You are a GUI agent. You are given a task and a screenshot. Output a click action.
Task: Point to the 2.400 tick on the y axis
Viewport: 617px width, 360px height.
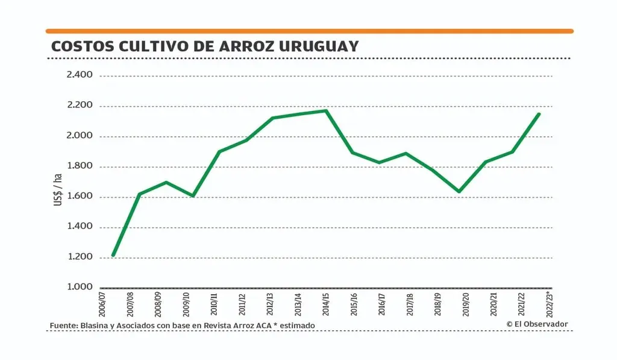pos(80,75)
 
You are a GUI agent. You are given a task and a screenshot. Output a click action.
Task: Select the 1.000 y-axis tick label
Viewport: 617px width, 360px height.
pos(80,287)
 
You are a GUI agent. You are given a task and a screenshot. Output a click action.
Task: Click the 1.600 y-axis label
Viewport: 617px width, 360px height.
pos(80,197)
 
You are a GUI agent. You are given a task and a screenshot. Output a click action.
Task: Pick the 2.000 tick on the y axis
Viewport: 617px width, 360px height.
pos(80,136)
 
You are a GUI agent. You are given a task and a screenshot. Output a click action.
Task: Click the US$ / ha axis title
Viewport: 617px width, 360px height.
pos(58,186)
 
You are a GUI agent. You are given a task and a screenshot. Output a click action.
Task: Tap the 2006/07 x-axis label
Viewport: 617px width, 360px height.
pos(102,305)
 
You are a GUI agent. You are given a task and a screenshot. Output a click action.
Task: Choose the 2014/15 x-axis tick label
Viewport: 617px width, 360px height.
pos(325,305)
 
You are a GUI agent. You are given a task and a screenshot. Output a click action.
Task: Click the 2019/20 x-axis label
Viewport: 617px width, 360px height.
pos(465,305)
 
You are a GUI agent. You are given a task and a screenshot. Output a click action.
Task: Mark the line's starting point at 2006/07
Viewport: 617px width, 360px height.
pos(113,256)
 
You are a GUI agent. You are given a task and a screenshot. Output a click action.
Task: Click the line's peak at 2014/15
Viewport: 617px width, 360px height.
pos(326,110)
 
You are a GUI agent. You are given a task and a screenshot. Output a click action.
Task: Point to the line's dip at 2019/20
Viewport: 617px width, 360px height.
pos(460,192)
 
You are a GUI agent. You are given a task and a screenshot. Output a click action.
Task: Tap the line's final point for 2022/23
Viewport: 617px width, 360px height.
pos(539,113)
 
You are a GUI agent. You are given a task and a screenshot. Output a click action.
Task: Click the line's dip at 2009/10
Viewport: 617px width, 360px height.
pos(193,196)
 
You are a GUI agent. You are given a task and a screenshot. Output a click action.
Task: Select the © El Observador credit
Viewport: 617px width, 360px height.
pos(537,324)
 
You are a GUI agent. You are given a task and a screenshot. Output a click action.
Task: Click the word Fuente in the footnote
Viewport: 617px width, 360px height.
pos(63,326)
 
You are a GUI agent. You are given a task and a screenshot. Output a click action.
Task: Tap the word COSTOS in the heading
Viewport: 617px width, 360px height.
pos(76,46)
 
